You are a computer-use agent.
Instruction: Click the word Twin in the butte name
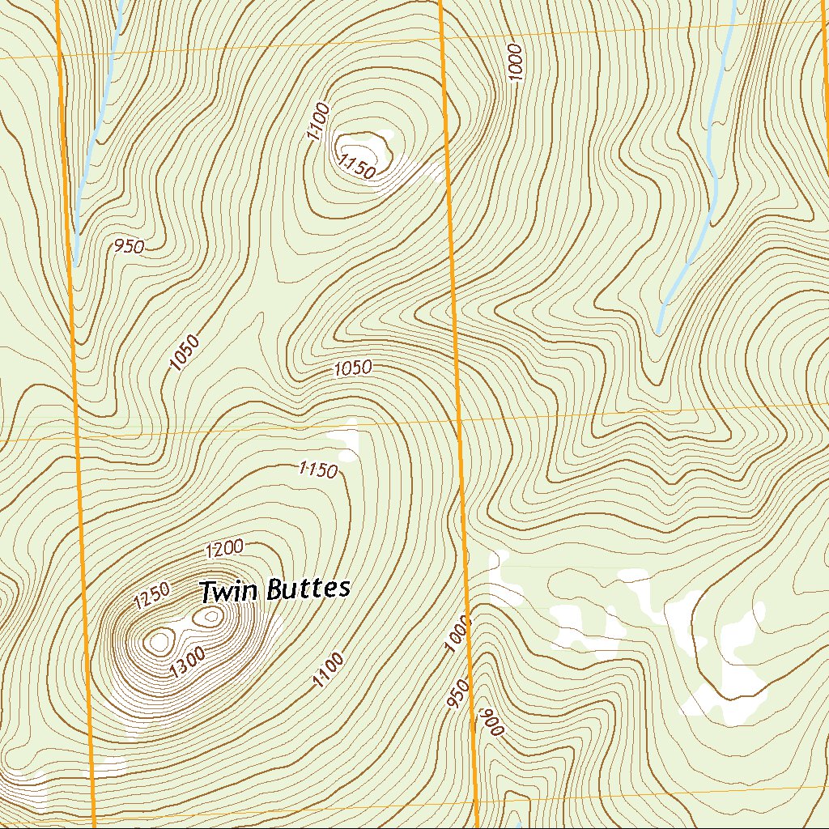point(227,591)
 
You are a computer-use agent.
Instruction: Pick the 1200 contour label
point(224,549)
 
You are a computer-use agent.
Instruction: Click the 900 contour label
point(492,721)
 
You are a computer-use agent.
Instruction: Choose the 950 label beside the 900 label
point(457,695)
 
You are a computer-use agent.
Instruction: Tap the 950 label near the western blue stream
point(129,246)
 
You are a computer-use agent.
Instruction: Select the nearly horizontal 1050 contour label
point(353,368)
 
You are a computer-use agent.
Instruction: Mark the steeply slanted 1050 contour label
point(185,353)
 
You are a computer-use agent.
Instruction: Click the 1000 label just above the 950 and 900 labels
point(457,634)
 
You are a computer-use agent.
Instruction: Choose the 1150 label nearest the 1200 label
point(317,470)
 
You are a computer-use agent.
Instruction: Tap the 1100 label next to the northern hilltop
point(318,121)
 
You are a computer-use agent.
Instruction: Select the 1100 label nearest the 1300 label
point(329,670)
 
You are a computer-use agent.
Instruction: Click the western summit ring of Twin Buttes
point(159,642)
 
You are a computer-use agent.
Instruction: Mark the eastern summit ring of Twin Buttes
point(212,617)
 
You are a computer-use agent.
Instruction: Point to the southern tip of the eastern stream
point(659,331)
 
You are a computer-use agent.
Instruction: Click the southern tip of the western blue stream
point(75,264)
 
